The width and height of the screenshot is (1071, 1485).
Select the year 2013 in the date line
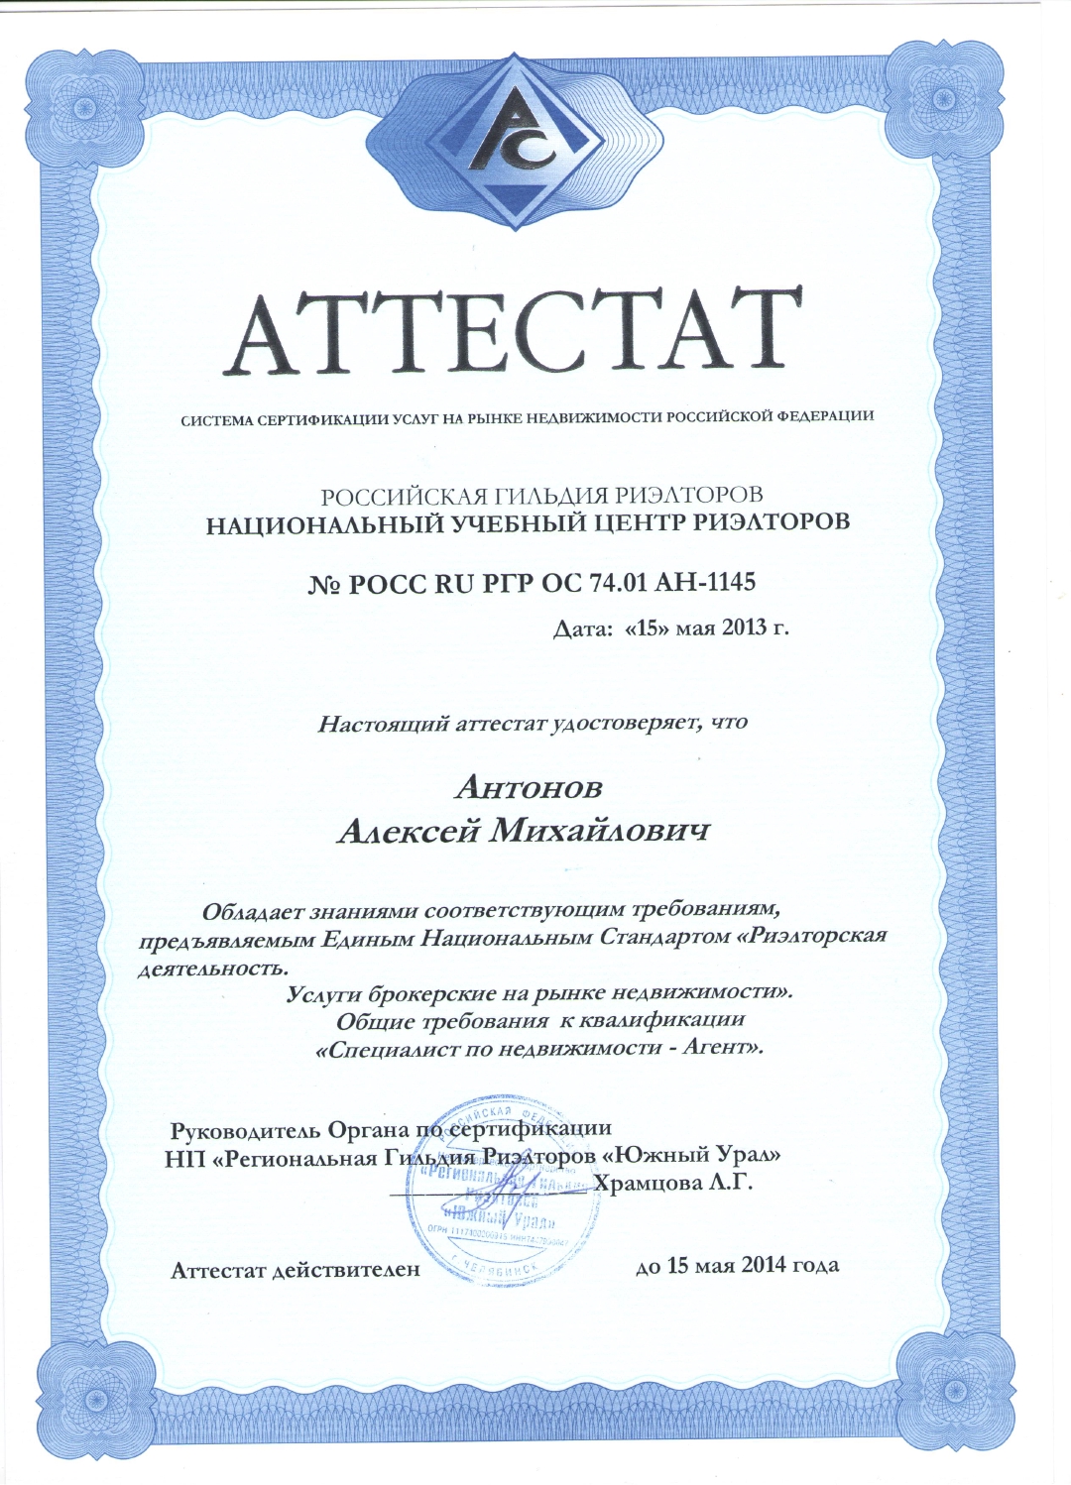[748, 628]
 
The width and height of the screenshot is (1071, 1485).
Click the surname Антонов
[529, 787]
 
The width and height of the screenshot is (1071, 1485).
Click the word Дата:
[582, 628]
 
